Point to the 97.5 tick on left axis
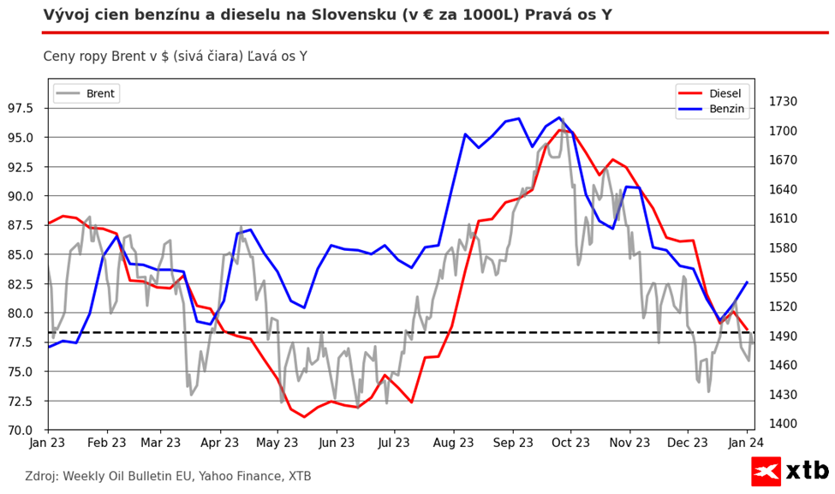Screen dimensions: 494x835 pyautogui.click(x=20, y=109)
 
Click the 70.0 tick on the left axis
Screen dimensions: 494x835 pyautogui.click(x=20, y=430)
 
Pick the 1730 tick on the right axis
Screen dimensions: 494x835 pyautogui.click(x=783, y=102)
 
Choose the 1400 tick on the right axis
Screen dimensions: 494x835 pyautogui.click(x=783, y=424)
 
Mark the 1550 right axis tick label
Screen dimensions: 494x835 pyautogui.click(x=783, y=277)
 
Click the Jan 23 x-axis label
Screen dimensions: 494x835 pyautogui.click(x=47, y=443)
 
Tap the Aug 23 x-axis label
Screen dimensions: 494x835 pyautogui.click(x=453, y=443)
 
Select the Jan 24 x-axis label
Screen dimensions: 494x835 pyautogui.click(x=746, y=443)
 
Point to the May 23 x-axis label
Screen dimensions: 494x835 pyautogui.click(x=280, y=443)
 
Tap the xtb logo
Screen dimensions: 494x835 pyautogui.click(x=790, y=470)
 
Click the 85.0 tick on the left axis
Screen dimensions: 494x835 pyautogui.click(x=20, y=254)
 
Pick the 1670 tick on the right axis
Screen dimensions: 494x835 pyautogui.click(x=783, y=160)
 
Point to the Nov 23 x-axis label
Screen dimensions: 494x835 pyautogui.click(x=629, y=443)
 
